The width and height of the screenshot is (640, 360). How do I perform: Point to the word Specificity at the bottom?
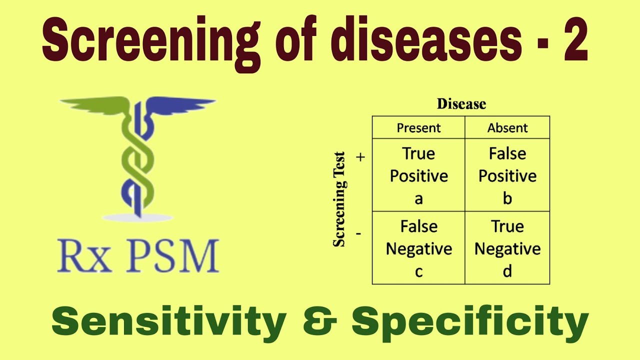click(470, 322)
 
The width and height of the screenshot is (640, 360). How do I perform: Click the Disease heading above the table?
click(461, 104)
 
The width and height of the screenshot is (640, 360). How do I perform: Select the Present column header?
click(418, 128)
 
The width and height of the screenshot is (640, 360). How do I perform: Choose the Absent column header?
click(507, 128)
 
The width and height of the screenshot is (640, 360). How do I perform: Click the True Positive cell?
click(418, 175)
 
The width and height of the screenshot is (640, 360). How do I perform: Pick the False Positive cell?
click(507, 175)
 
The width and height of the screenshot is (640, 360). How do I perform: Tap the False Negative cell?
click(418, 248)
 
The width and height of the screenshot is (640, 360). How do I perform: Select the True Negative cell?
click(507, 248)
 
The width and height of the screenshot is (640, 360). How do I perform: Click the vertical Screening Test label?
click(339, 199)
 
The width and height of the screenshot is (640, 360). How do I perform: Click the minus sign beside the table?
click(359, 233)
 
